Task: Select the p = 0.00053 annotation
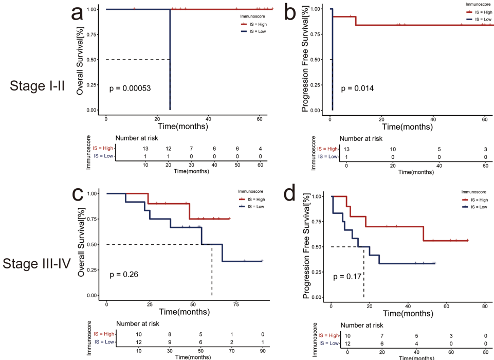[x=137, y=88]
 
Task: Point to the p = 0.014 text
[x=357, y=88]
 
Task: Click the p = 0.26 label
[x=124, y=275]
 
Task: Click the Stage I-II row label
[x=37, y=86]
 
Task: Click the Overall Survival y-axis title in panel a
[x=81, y=59]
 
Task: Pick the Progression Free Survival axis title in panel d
[x=306, y=246]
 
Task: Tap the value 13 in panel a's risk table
[x=146, y=148]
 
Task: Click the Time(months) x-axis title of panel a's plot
[x=182, y=125]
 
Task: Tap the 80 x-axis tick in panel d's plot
[x=484, y=306]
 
